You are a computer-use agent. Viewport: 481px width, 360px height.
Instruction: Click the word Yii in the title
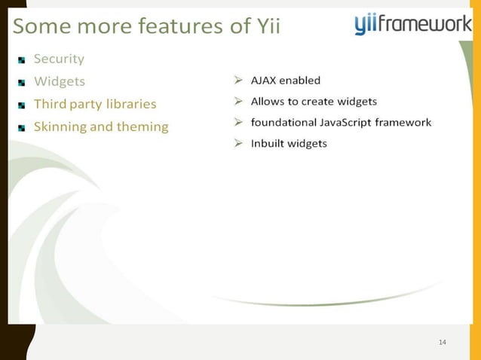(x=264, y=27)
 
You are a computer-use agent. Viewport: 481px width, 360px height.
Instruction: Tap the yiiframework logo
(x=413, y=25)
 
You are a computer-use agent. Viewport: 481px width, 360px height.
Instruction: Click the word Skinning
(x=60, y=127)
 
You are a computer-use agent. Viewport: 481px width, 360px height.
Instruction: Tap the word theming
(x=142, y=127)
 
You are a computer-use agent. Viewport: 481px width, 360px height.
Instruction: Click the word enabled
(x=301, y=81)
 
